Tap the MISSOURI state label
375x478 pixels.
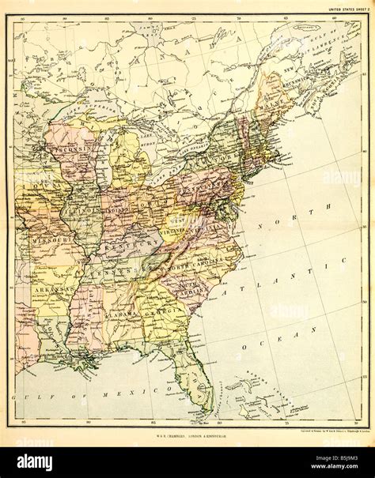50,236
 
